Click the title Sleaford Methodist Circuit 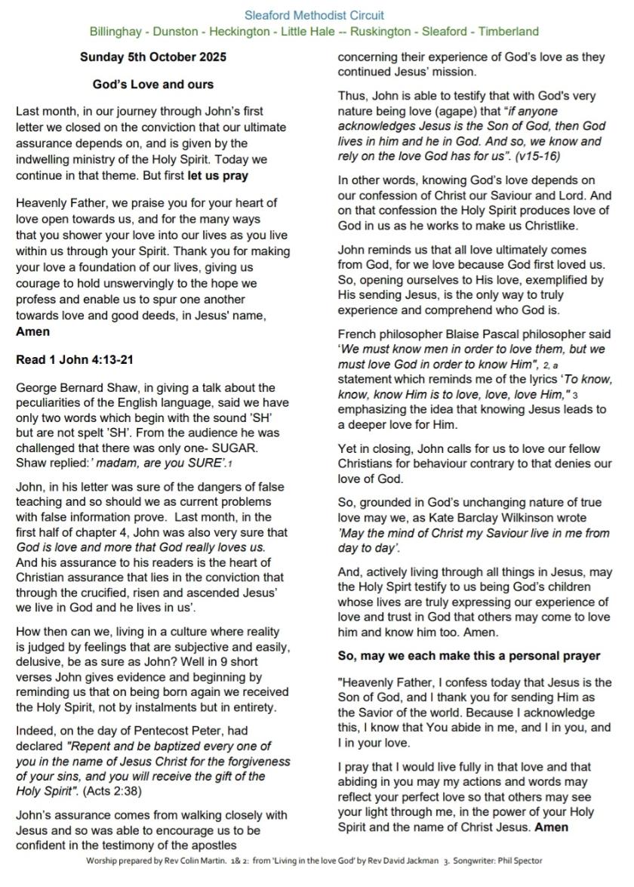coord(314,15)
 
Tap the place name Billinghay coord(116,32)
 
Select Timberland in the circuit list coord(509,32)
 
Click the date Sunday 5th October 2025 coord(153,57)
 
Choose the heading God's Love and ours coord(153,84)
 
